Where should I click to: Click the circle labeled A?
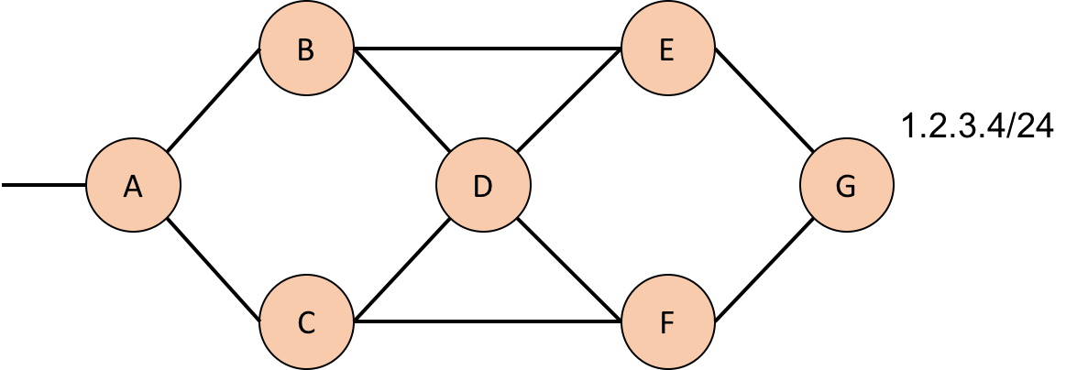click(133, 185)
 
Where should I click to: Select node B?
click(306, 49)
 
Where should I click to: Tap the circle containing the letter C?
click(306, 322)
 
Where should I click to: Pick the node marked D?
click(483, 185)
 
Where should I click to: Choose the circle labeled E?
click(667, 49)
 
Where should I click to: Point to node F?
click(667, 322)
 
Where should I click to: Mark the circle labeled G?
click(846, 185)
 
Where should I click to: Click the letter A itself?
click(133, 187)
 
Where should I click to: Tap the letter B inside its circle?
click(306, 50)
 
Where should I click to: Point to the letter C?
click(306, 323)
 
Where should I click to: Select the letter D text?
click(483, 187)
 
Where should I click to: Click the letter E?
click(667, 50)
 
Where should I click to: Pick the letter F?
click(667, 323)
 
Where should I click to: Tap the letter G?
click(846, 187)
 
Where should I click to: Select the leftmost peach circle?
click(133, 185)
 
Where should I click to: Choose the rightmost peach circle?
click(846, 185)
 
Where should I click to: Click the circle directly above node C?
click(306, 49)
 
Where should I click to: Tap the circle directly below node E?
click(667, 322)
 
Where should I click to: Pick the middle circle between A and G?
click(483, 185)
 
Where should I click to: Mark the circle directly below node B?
click(306, 322)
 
